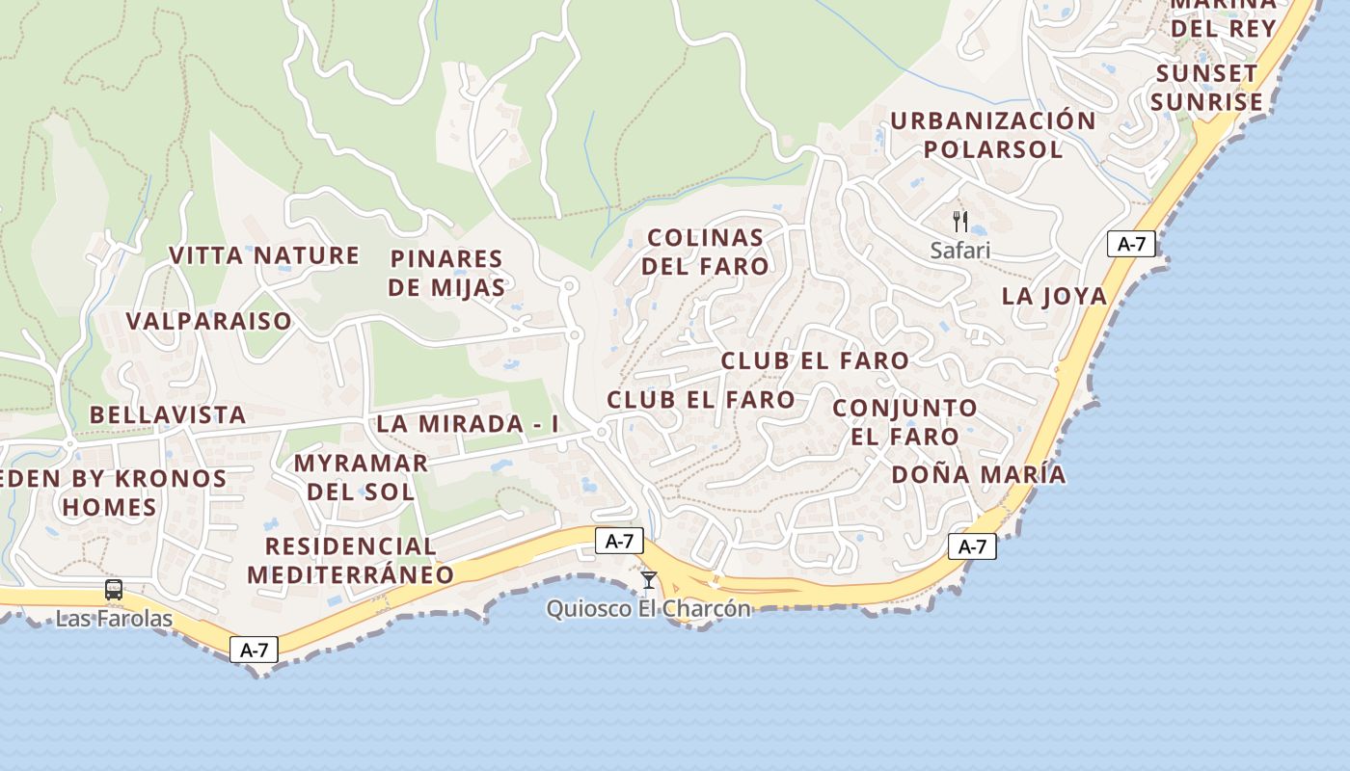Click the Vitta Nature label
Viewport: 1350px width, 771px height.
(264, 255)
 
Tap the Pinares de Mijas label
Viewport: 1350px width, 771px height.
(446, 273)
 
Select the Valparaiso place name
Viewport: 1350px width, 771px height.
(208, 321)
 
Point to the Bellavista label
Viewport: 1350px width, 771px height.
(168, 415)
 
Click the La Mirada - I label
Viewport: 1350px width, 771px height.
(468, 424)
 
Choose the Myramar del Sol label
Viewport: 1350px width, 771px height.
(361, 477)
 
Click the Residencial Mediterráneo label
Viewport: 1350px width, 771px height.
(350, 560)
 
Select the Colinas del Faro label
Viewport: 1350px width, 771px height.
(705, 252)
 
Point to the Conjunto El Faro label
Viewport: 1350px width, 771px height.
(904, 422)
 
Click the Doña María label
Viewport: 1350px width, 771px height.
(979, 474)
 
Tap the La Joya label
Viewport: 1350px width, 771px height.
(1054, 296)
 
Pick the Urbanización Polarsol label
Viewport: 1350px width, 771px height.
(993, 135)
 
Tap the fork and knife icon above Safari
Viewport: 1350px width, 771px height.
(959, 222)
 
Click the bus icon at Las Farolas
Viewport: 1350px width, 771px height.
(114, 589)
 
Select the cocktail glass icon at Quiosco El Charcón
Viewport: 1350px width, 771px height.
(649, 579)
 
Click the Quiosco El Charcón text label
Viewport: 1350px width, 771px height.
(648, 609)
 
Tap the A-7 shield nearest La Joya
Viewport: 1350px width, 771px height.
(1131, 244)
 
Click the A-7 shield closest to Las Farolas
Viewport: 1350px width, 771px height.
(255, 650)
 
